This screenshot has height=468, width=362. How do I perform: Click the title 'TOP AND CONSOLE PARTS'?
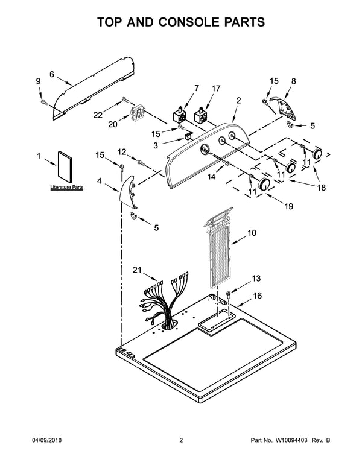181,22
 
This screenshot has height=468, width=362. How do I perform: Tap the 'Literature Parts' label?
66,188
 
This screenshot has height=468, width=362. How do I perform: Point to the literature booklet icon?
66,166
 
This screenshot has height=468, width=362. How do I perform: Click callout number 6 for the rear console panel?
52,75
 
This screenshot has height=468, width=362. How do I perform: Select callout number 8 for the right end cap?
294,80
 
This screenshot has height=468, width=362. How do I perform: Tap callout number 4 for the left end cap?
99,180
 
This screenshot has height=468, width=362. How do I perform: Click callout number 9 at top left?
39,81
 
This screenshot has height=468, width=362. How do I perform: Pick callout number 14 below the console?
211,177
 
